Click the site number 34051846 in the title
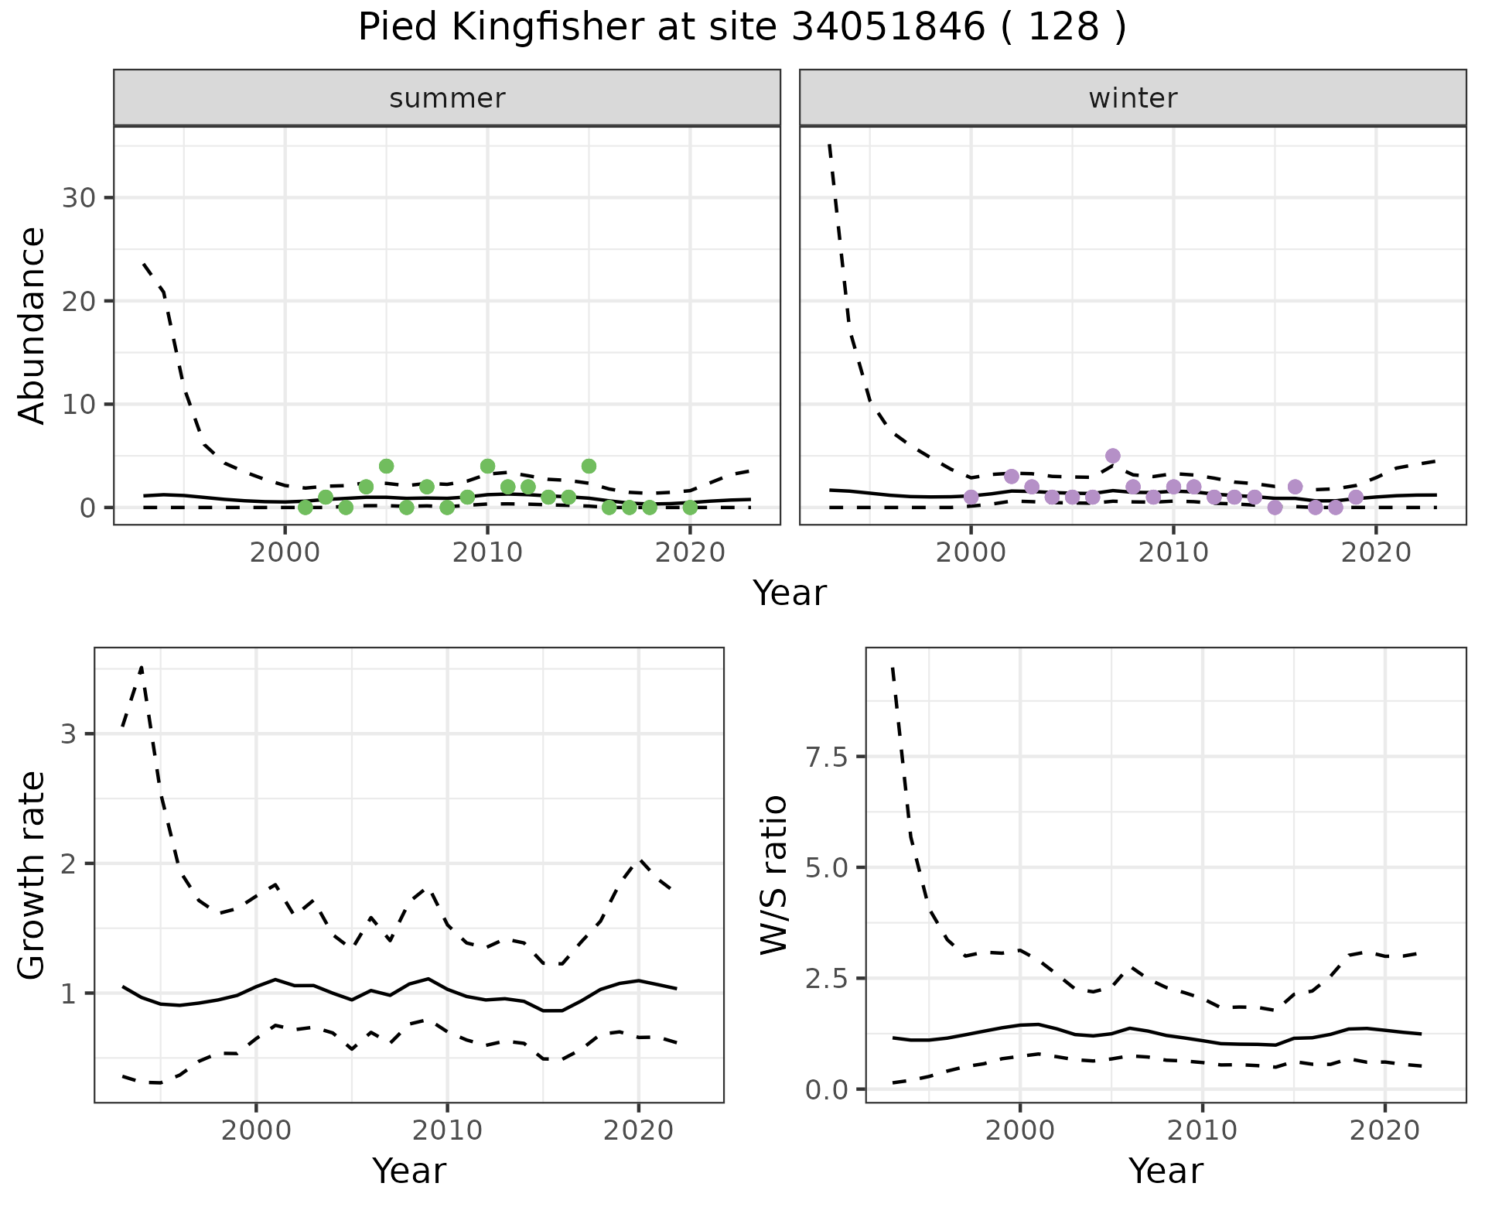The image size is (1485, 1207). click(889, 29)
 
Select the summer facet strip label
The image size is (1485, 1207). click(447, 98)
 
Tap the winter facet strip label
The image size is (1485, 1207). click(1132, 98)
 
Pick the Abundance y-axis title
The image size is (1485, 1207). click(32, 326)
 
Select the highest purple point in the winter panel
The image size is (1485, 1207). click(1113, 456)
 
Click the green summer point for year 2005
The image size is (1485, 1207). click(387, 466)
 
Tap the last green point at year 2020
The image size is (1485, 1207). click(690, 508)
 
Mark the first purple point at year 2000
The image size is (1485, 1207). click(971, 497)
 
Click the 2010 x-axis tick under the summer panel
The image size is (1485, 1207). click(487, 552)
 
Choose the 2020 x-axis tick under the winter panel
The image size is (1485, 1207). click(1375, 552)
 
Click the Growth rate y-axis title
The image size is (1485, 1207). click(32, 875)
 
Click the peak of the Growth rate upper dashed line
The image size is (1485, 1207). click(142, 667)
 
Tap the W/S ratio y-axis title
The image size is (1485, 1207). click(773, 875)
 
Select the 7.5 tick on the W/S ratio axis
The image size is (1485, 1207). click(826, 757)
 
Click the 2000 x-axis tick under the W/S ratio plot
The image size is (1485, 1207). click(1020, 1130)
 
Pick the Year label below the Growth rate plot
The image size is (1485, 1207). click(409, 1171)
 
